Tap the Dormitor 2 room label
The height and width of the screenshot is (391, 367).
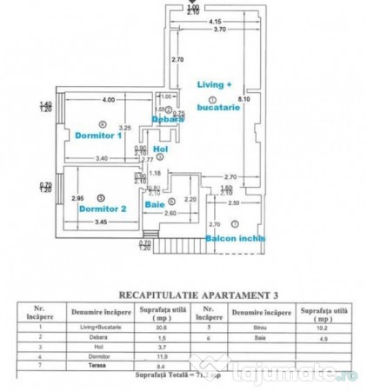(x=103, y=209)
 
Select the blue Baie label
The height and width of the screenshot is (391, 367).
(x=155, y=205)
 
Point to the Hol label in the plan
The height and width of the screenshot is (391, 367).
(x=158, y=149)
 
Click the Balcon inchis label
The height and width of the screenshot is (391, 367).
(x=235, y=238)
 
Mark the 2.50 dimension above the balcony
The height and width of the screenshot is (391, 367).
(x=234, y=202)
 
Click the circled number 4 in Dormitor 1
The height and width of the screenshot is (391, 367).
(x=103, y=123)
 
